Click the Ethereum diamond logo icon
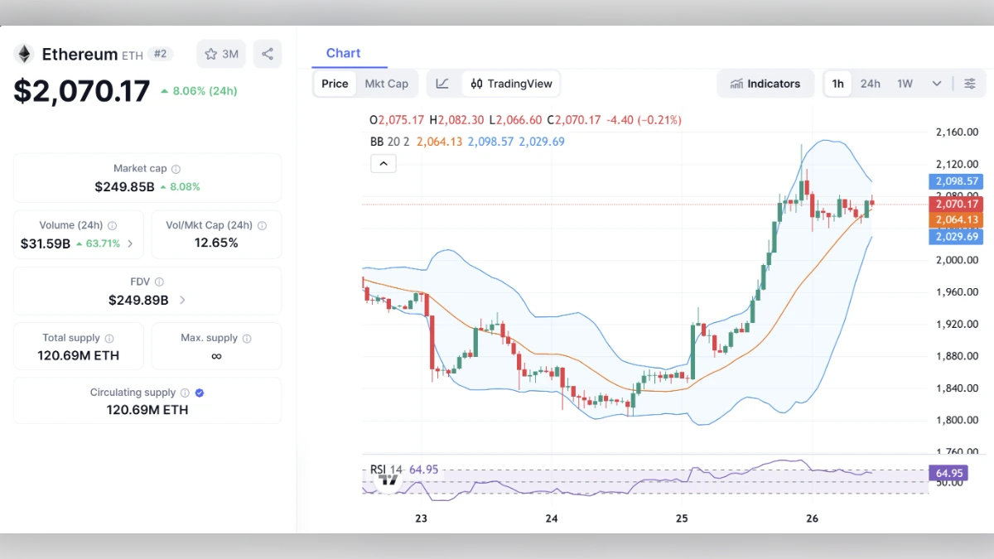(23, 55)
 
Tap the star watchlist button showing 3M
(221, 54)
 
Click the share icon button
(268, 54)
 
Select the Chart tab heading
(343, 53)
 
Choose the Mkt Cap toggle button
(387, 84)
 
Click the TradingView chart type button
(511, 84)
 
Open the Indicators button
(765, 84)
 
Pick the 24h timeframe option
(870, 84)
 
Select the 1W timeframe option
(905, 84)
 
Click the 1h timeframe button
(838, 84)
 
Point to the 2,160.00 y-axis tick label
(957, 132)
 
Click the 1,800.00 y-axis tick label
(957, 420)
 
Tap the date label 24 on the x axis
(552, 518)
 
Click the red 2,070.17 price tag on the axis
(957, 204)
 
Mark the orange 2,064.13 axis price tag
(957, 219)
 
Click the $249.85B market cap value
(124, 187)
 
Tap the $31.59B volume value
(46, 243)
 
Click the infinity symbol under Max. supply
(216, 356)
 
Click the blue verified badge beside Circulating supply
(200, 393)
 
